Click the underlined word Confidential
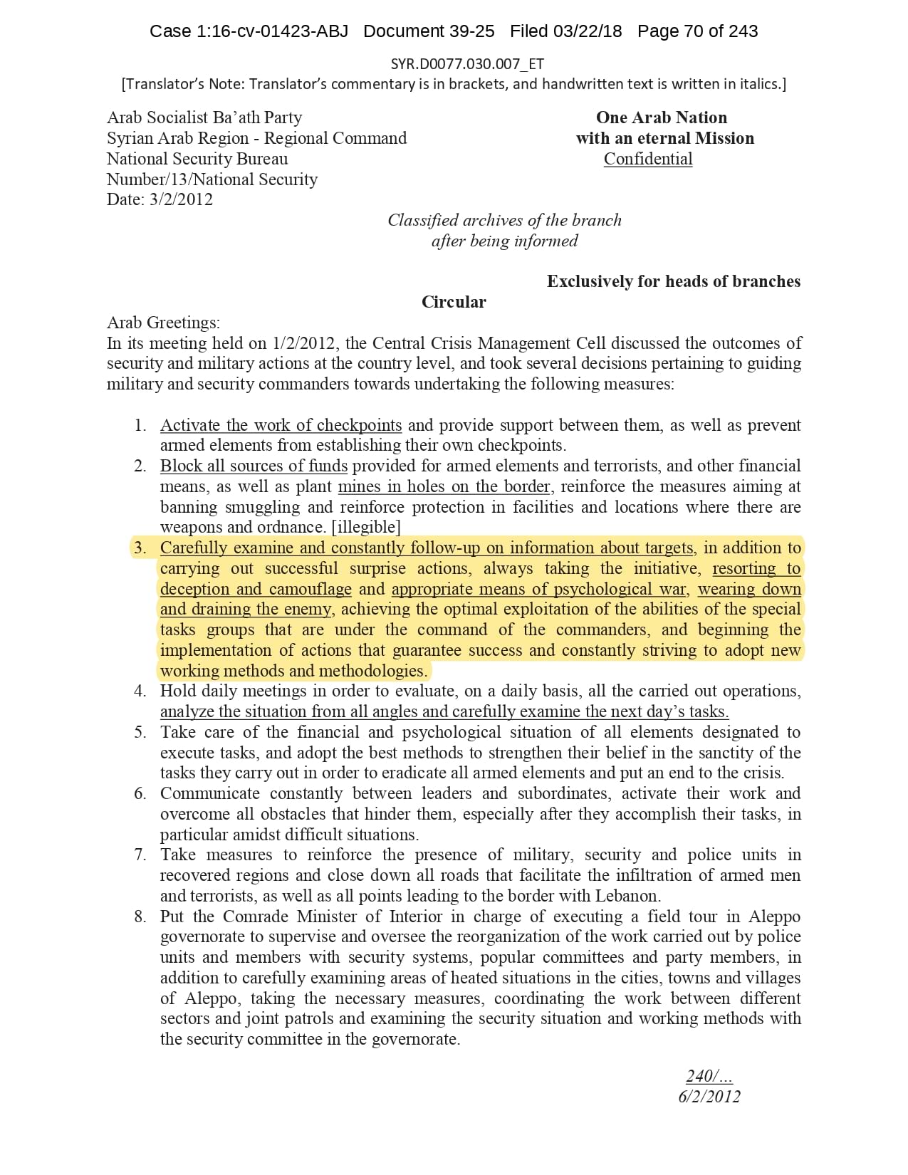click(647, 159)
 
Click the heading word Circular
click(454, 302)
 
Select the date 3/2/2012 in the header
click(181, 199)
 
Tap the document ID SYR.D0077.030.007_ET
click(467, 64)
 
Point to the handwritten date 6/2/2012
click(709, 1097)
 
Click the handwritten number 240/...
click(709, 1076)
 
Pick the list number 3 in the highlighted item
click(140, 548)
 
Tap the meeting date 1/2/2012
click(303, 343)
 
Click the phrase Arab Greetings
click(163, 323)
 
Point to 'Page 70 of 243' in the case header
click(697, 31)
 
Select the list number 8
click(140, 916)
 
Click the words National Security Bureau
click(197, 159)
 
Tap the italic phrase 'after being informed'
click(504, 241)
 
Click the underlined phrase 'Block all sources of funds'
click(254, 466)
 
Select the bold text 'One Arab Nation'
click(662, 117)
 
